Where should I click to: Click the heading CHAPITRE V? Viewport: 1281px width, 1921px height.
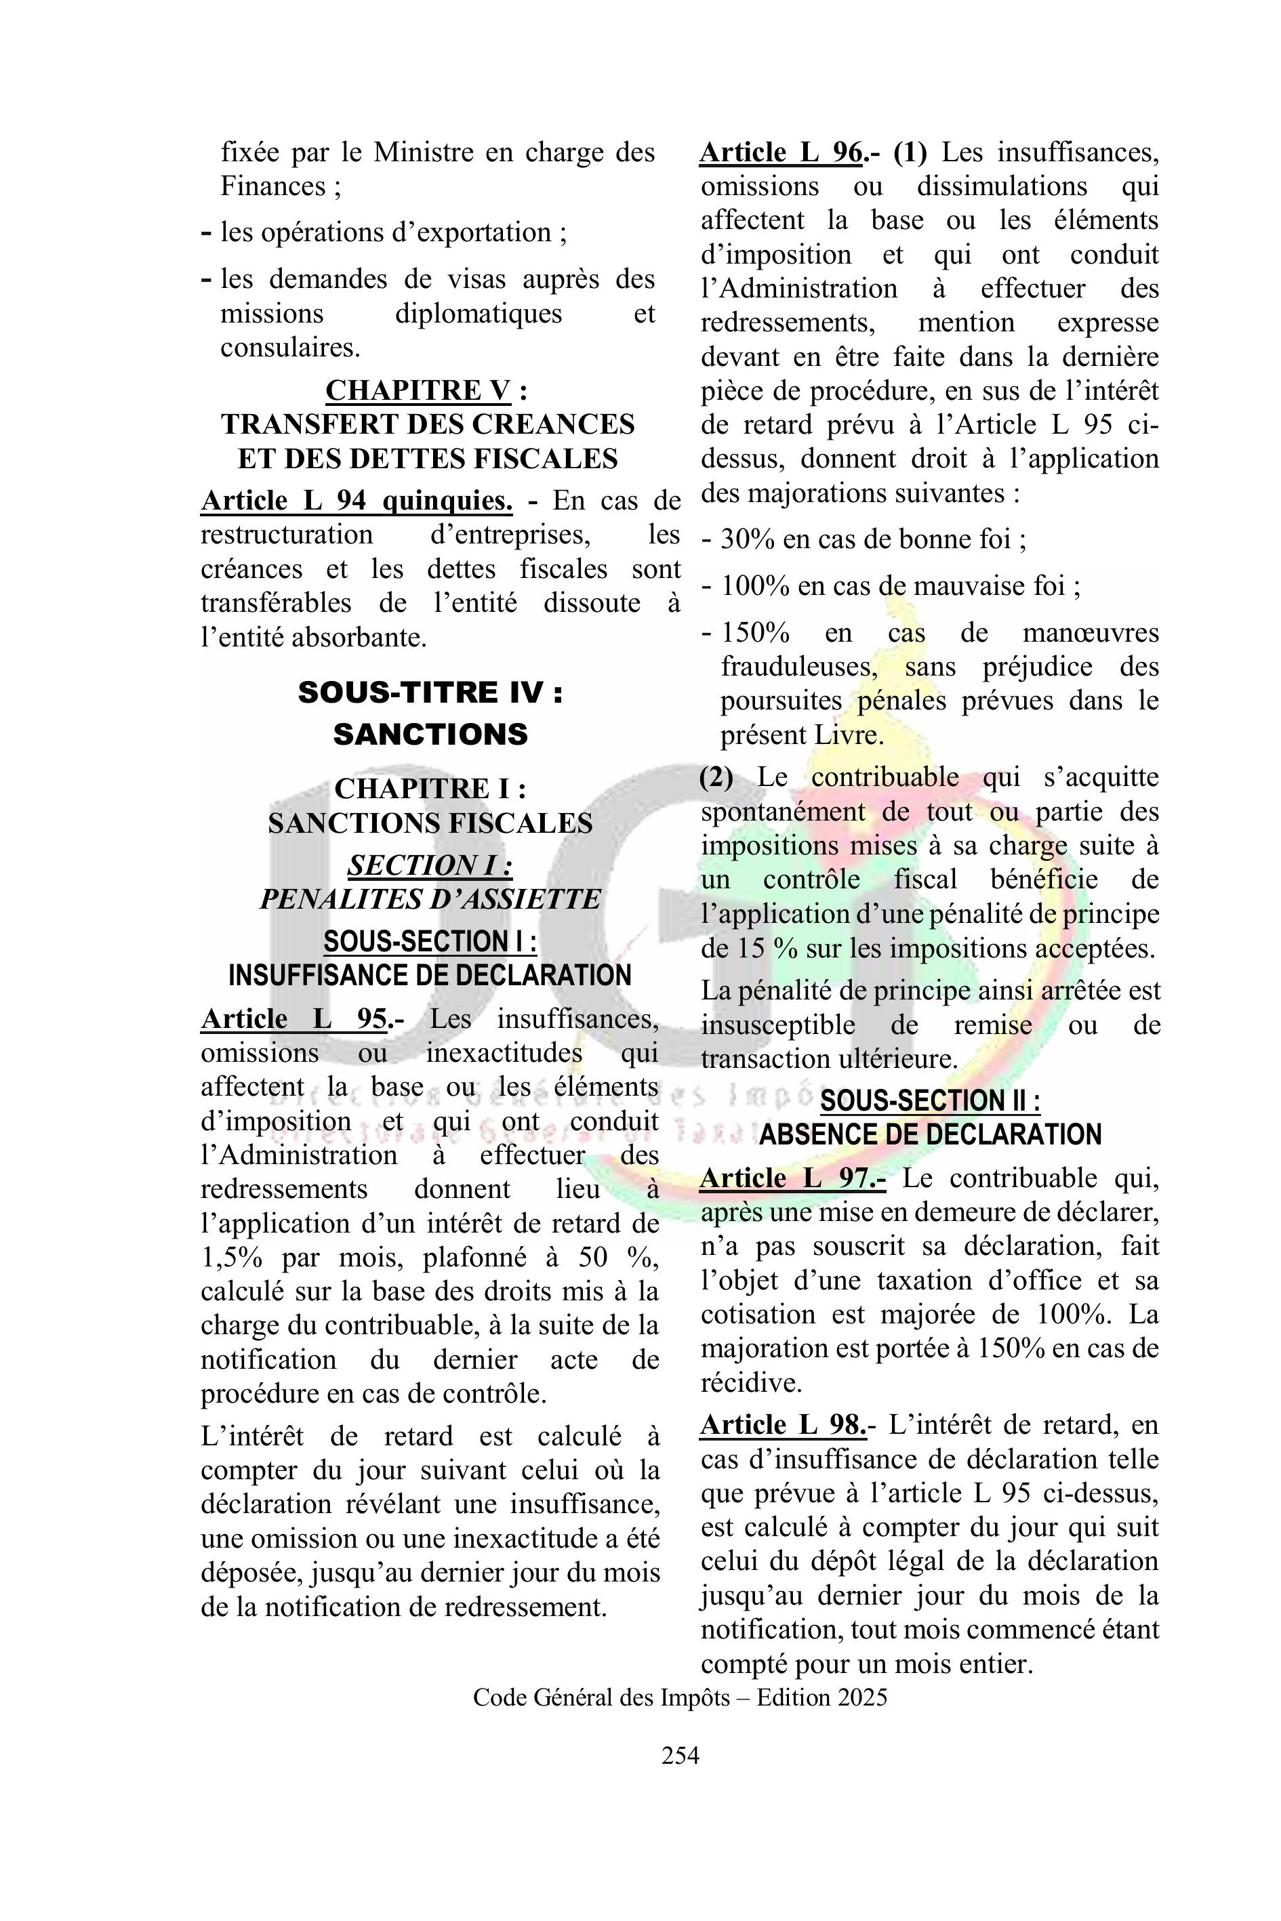[418, 390]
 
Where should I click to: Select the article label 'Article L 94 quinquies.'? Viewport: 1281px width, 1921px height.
[357, 500]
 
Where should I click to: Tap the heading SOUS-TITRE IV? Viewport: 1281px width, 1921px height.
[430, 693]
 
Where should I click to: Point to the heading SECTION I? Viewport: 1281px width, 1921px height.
[430, 865]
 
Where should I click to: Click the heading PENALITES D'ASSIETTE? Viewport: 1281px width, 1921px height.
[430, 899]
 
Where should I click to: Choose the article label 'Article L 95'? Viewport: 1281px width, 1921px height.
[294, 1018]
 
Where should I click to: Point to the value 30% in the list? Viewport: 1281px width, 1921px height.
[745, 539]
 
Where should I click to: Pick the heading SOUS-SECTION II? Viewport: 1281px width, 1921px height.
[930, 1101]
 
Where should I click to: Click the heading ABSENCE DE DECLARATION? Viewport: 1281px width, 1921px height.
[930, 1134]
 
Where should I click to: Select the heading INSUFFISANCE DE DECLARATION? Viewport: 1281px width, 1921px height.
[430, 975]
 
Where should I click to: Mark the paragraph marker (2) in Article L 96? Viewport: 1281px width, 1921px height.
[716, 777]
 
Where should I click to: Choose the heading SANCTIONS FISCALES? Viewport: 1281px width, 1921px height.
[430, 823]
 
